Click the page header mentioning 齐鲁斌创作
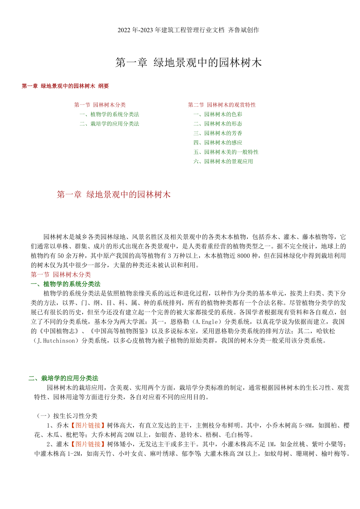tap(188, 30)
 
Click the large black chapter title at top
tap(188, 63)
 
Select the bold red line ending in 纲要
tap(65, 86)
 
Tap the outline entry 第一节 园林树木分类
tap(100, 105)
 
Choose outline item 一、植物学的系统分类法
tap(109, 114)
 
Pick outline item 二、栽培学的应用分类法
tap(109, 124)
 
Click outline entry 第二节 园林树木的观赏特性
tap(222, 105)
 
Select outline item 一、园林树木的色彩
tap(218, 114)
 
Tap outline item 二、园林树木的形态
tap(218, 124)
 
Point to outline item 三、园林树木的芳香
tap(218, 133)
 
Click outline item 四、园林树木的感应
tap(218, 142)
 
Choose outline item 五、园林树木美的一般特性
tap(226, 152)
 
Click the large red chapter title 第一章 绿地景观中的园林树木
tap(113, 195)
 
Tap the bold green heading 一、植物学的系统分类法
tap(65, 284)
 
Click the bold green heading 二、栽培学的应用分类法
tap(63, 378)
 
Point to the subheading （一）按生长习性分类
tap(67, 416)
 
